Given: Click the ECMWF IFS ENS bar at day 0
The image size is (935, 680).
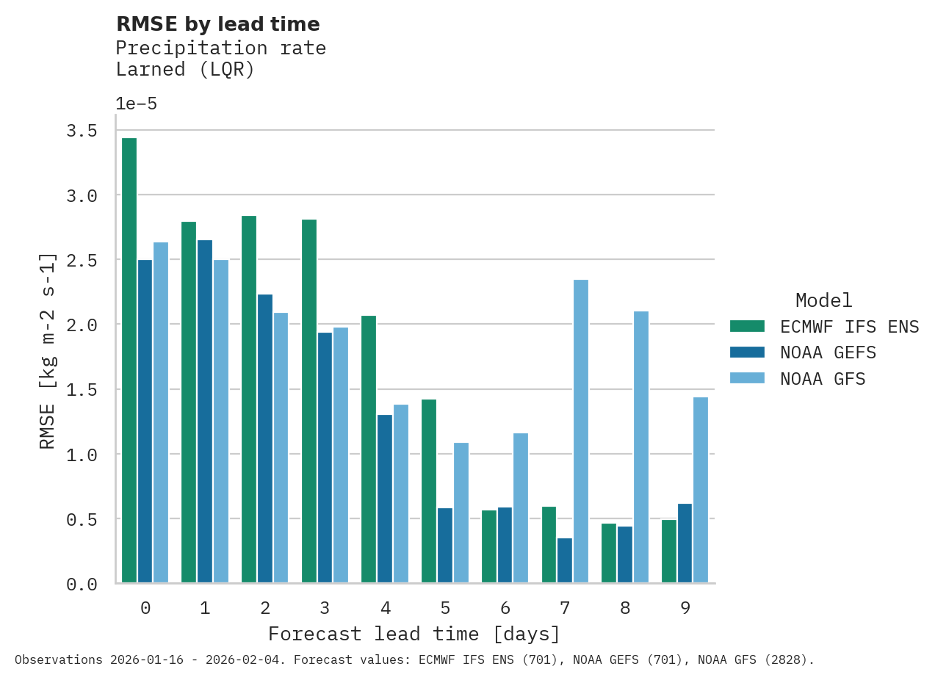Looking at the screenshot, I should (x=129, y=361).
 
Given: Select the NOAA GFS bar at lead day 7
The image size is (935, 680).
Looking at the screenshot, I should (x=581, y=432).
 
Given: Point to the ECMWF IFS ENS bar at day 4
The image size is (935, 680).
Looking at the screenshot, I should (x=369, y=449).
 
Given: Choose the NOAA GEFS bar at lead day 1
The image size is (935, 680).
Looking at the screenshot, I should (x=205, y=411).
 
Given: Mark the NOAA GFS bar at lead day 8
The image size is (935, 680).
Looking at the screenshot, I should (x=641, y=447).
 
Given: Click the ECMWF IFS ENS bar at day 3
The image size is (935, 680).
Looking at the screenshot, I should (x=309, y=401).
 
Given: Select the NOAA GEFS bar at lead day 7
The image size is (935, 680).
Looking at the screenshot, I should (x=565, y=560).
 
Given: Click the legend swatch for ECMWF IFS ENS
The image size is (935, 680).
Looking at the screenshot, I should (x=747, y=326).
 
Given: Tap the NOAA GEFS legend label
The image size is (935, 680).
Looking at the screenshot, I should (x=828, y=353).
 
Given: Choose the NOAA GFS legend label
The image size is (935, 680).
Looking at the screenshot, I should (x=823, y=380).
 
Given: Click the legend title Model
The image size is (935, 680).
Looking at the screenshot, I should (x=824, y=300).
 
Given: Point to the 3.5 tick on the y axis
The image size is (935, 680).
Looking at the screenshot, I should (x=82, y=131).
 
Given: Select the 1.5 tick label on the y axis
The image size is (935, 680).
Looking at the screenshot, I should (x=82, y=390).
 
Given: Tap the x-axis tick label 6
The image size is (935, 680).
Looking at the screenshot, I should (x=505, y=608).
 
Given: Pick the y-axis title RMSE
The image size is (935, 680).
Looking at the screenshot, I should (x=48, y=351).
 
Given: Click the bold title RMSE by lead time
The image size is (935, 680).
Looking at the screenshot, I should (x=218, y=24).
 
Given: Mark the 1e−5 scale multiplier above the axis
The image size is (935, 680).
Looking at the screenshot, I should (x=137, y=104).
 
